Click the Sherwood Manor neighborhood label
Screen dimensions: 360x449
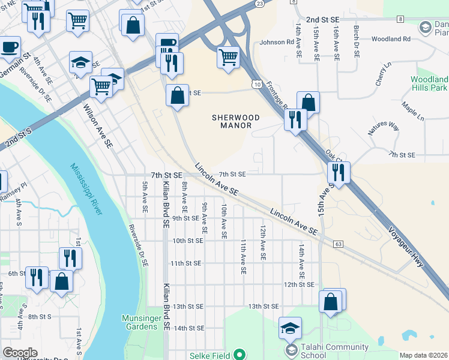pyautogui.click(x=235, y=122)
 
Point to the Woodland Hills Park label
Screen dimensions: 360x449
pyautogui.click(x=429, y=83)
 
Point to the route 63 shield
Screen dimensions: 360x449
pyautogui.click(x=339, y=244)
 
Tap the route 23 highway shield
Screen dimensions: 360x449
pyautogui.click(x=259, y=4)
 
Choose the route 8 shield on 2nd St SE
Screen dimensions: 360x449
pyautogui.click(x=400, y=19)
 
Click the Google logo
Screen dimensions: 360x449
pyautogui.click(x=20, y=353)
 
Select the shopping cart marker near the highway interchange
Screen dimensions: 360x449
pyautogui.click(x=228, y=58)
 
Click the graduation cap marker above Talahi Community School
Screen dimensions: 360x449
pyautogui.click(x=291, y=328)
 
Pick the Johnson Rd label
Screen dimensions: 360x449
pyautogui.click(x=277, y=43)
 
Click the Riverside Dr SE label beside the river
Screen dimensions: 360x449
pyautogui.click(x=137, y=245)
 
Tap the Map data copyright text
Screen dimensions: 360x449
pyautogui.click(x=423, y=355)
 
